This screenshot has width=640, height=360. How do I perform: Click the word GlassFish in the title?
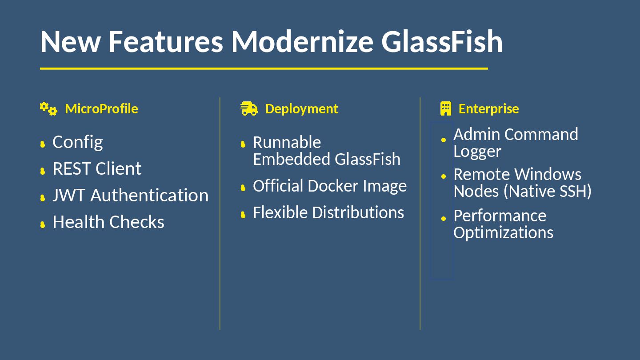(442, 41)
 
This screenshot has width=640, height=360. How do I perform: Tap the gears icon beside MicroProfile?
(48, 108)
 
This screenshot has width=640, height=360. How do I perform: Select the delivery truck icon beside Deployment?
(249, 108)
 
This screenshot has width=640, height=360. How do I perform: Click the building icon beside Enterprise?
(445, 108)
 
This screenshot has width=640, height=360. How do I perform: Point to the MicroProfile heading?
(101, 109)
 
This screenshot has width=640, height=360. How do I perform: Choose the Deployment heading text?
(301, 109)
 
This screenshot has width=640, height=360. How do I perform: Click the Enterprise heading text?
(488, 109)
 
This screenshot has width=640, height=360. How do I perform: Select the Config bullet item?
(77, 142)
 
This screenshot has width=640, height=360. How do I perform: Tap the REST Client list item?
(97, 169)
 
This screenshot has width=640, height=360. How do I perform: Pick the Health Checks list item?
(108, 222)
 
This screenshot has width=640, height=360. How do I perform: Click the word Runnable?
(287, 143)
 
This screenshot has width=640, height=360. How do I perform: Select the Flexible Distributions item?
(328, 212)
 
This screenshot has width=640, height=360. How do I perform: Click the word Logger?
(477, 152)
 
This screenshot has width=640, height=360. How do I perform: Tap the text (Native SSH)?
(548, 191)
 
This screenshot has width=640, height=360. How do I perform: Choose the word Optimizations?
(503, 232)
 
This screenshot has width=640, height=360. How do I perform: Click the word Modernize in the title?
(302, 41)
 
